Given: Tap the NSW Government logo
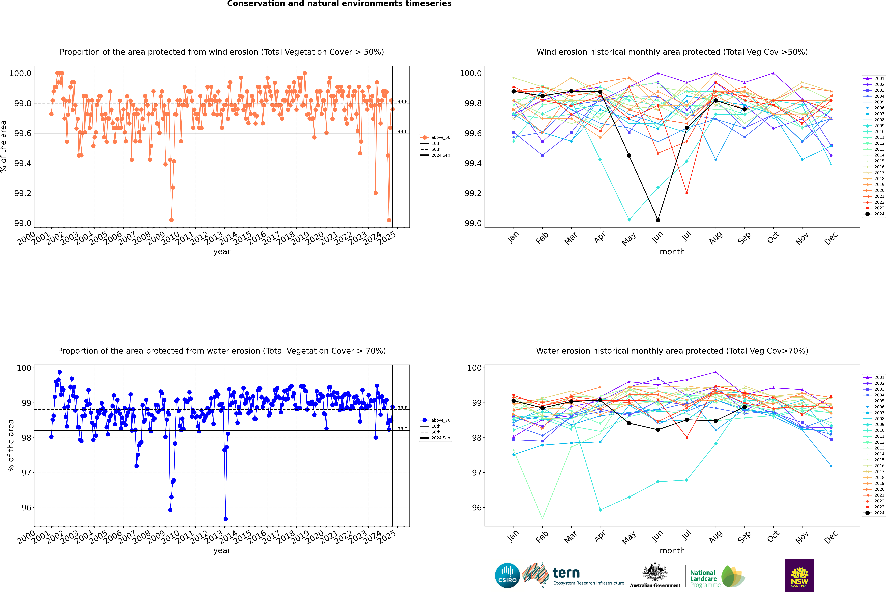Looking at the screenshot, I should [x=799, y=575].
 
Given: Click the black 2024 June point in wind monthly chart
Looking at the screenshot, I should [x=658, y=220].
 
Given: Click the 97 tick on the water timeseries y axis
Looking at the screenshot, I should [x=26, y=473].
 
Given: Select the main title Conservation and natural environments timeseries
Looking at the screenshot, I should [x=339, y=4].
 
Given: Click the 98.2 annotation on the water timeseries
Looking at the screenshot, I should [x=402, y=429].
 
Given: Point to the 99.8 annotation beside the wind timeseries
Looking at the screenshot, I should [x=402, y=102].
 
